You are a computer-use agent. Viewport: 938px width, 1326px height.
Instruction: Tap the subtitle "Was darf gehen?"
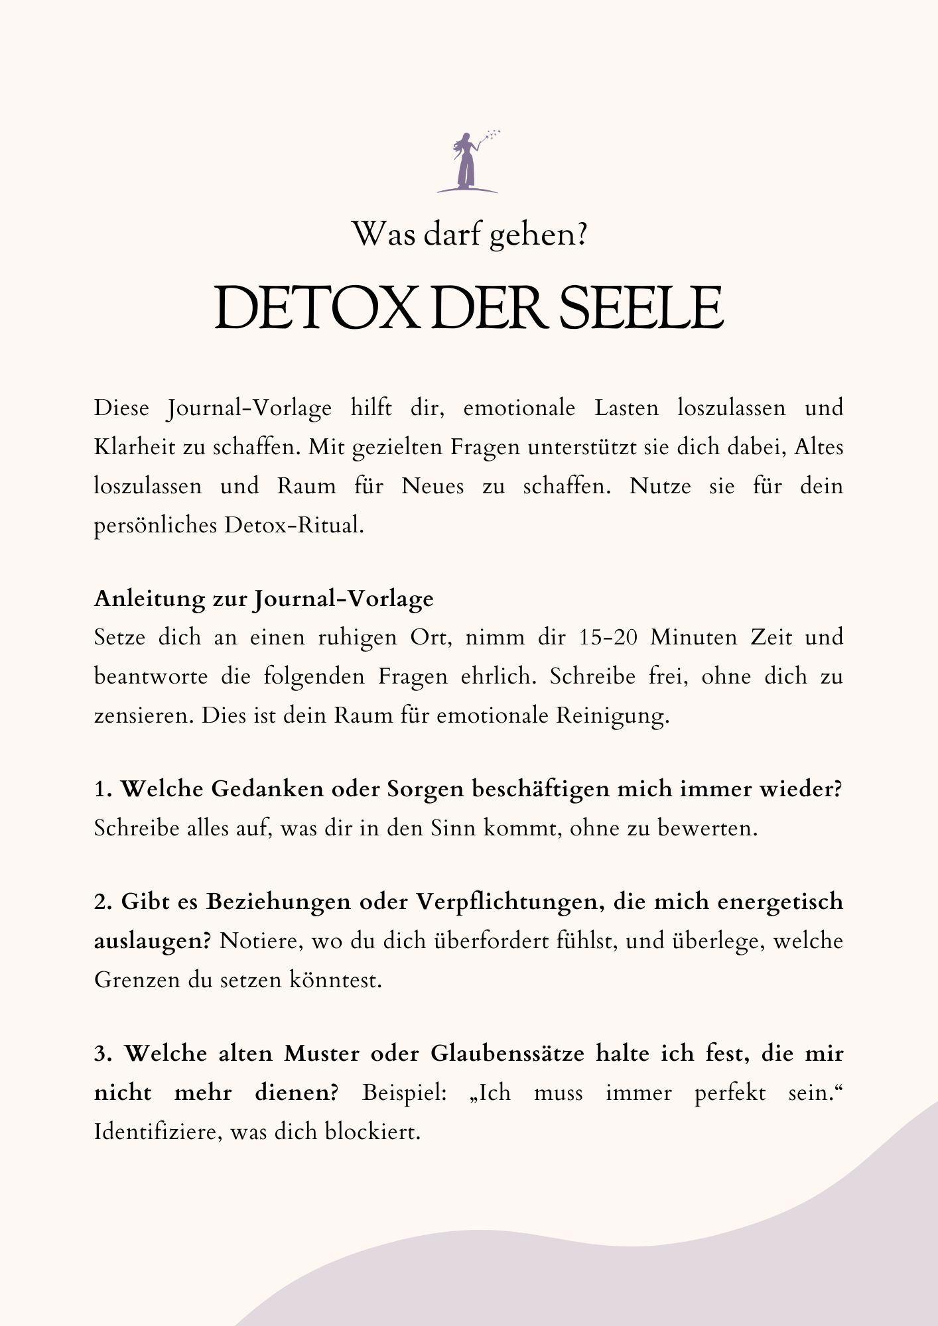coord(469,234)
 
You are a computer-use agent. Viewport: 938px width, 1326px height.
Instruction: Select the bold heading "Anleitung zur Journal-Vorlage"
coord(263,599)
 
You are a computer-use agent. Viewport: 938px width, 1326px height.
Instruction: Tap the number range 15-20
coord(604,637)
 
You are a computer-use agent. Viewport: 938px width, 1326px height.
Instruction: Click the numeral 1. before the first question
coord(102,790)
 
